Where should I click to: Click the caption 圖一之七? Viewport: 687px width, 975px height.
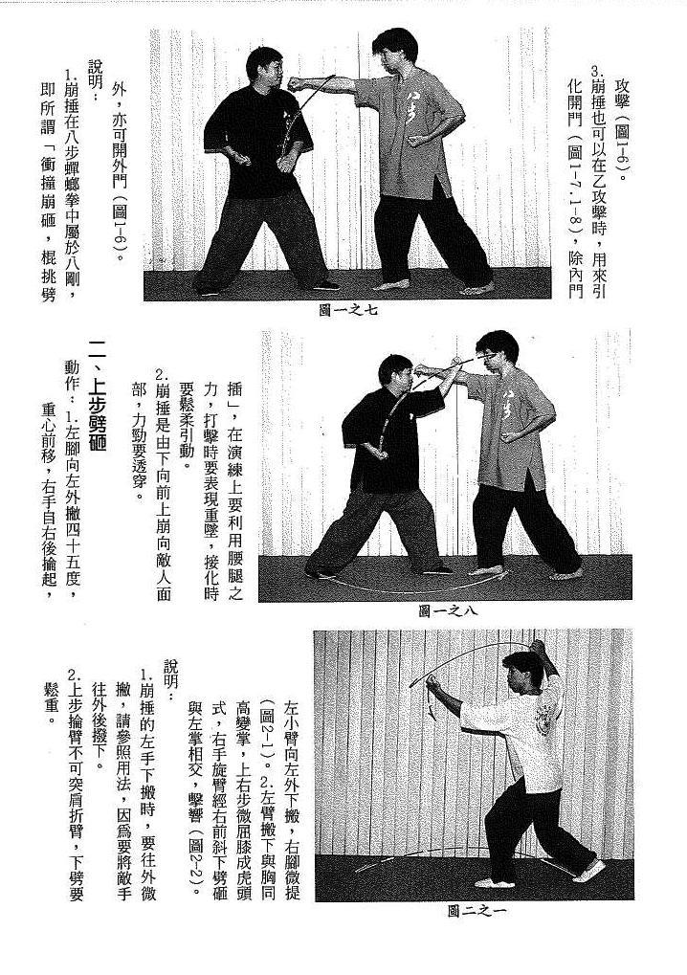click(x=347, y=309)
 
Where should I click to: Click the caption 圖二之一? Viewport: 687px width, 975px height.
click(x=476, y=911)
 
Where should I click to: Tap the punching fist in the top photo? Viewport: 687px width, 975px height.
click(x=299, y=82)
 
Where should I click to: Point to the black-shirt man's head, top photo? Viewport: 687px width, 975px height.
click(x=264, y=67)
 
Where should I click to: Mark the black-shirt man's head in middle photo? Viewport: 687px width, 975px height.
click(x=395, y=373)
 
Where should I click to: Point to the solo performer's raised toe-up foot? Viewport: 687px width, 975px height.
click(x=593, y=870)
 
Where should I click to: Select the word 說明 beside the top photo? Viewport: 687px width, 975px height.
click(x=95, y=69)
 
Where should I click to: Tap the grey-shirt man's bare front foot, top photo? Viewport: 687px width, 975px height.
click(x=391, y=284)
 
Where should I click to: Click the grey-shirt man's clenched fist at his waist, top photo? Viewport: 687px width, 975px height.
click(x=416, y=139)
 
